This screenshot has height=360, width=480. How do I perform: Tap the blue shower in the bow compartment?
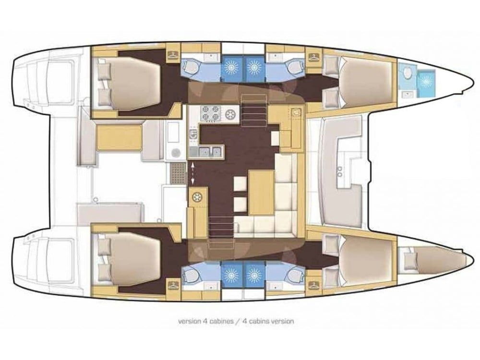pyautogui.click(x=426, y=81)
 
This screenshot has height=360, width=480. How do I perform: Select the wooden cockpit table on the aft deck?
pyautogui.click(x=119, y=136)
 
